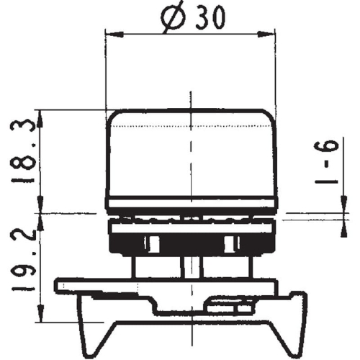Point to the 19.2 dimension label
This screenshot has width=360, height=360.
tap(21, 266)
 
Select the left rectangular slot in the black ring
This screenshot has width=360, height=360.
tap(152, 243)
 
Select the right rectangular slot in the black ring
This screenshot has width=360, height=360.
tap(230, 243)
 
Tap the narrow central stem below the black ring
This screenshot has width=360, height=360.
tap(191, 266)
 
